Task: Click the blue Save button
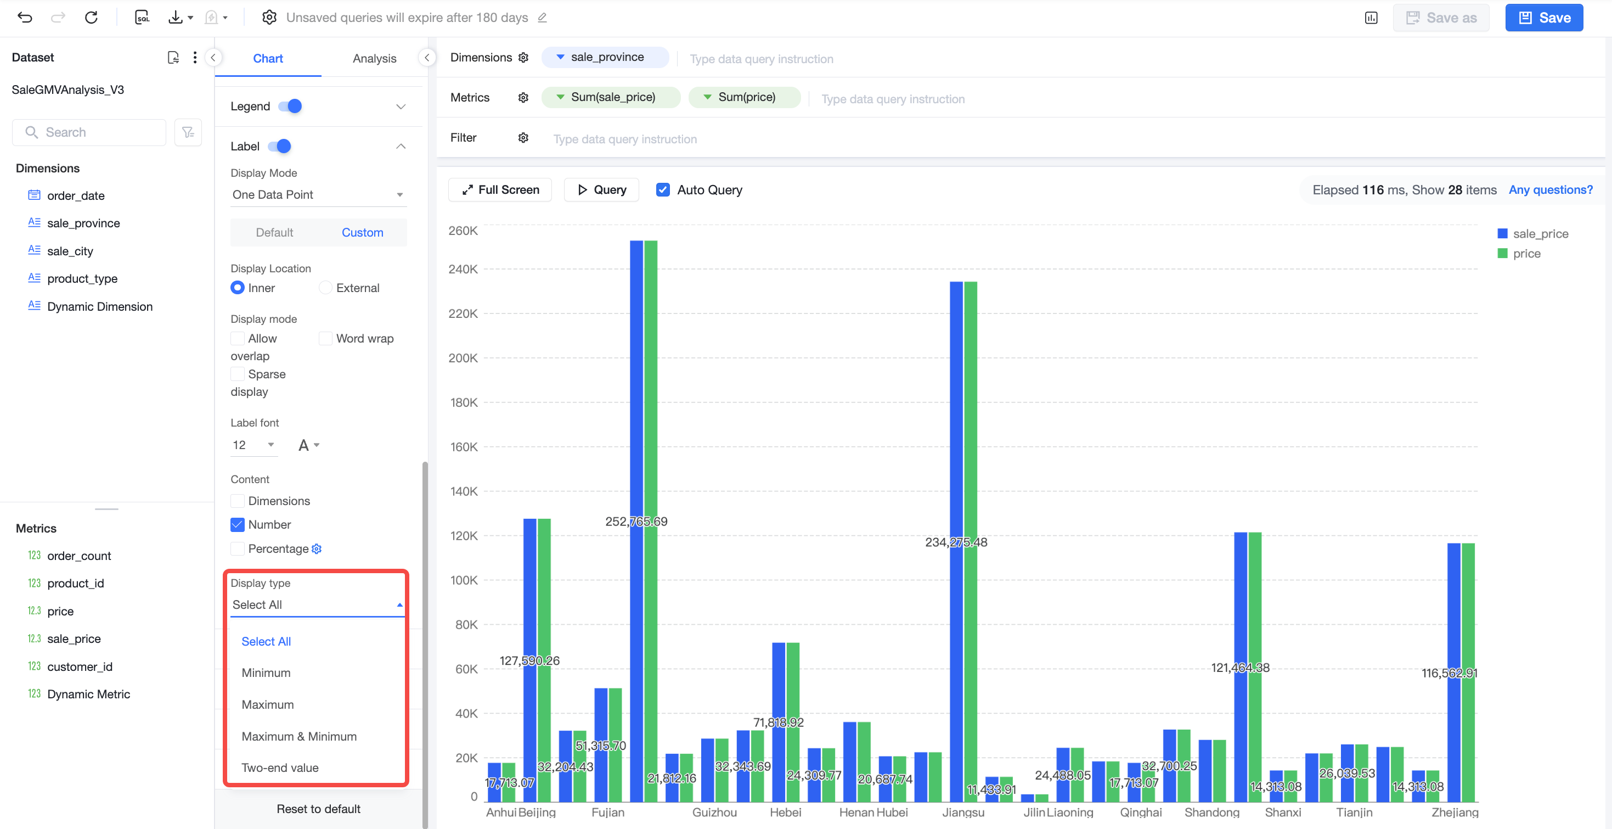tap(1544, 18)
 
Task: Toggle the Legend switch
tap(290, 107)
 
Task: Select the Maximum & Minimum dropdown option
tap(299, 736)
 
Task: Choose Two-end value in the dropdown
tap(280, 768)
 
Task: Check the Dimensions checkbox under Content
tap(237, 501)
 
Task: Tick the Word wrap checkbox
tap(325, 339)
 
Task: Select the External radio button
tap(325, 288)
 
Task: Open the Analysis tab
tap(374, 58)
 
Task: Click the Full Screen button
tap(500, 190)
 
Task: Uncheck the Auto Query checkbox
tap(663, 190)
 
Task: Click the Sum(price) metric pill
tap(744, 97)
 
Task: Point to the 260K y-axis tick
tap(463, 231)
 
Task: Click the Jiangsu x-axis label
tap(963, 812)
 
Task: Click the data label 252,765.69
tap(636, 522)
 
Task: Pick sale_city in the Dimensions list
tap(70, 251)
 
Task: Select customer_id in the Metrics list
tap(80, 667)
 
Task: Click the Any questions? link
tap(1551, 190)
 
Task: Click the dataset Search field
tap(89, 132)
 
